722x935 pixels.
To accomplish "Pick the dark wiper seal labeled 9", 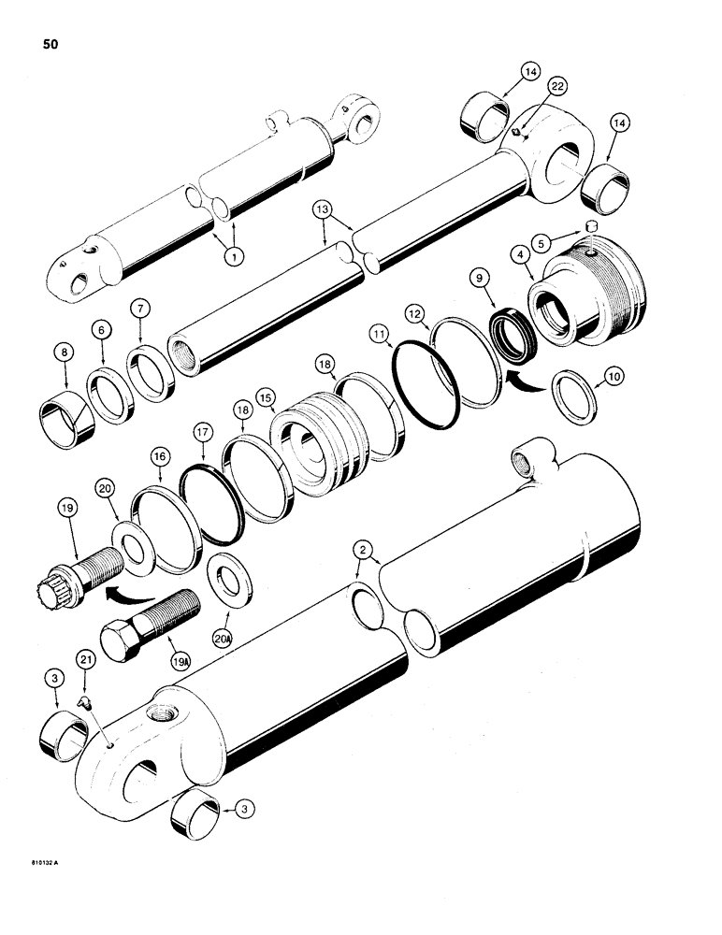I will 510,334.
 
